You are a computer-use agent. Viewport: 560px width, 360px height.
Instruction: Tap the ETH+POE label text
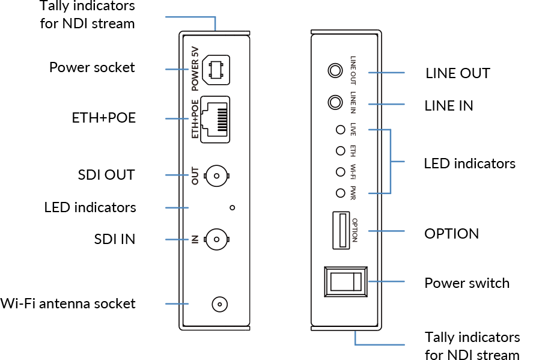click(x=195, y=119)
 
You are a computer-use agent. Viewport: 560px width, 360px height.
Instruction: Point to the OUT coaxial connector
click(x=216, y=175)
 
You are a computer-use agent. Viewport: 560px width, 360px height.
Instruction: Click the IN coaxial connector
click(x=216, y=239)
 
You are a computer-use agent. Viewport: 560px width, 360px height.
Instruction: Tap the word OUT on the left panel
click(x=195, y=175)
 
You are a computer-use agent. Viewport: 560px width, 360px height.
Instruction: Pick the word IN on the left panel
click(x=195, y=239)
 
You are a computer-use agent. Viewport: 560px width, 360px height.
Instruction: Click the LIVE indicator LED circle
click(x=340, y=129)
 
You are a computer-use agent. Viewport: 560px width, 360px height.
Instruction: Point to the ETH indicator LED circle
click(x=340, y=150)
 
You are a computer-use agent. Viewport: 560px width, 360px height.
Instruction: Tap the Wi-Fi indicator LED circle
click(x=340, y=172)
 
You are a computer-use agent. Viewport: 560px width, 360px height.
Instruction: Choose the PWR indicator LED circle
click(x=340, y=193)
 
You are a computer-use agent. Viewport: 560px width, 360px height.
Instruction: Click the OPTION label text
click(x=354, y=230)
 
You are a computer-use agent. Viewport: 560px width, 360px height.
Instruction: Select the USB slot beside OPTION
click(x=340, y=230)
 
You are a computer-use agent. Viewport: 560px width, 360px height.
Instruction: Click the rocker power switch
click(x=345, y=281)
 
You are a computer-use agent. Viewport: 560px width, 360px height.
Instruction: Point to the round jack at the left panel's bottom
click(x=220, y=304)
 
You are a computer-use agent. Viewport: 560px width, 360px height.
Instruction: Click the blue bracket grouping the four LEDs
click(x=391, y=161)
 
